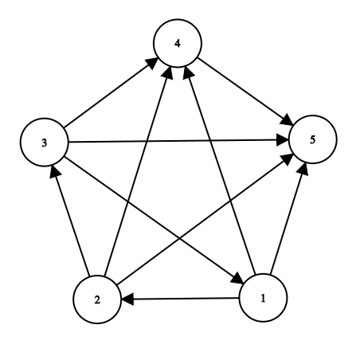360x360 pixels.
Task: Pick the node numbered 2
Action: (97, 299)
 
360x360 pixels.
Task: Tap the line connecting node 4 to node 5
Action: (245, 92)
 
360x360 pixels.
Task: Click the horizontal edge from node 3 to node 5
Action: (178, 141)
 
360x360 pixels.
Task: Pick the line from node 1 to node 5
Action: (288, 219)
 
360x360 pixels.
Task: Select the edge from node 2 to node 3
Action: (70, 221)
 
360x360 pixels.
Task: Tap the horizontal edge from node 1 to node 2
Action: (180, 299)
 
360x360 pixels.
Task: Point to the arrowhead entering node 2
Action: (127, 299)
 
